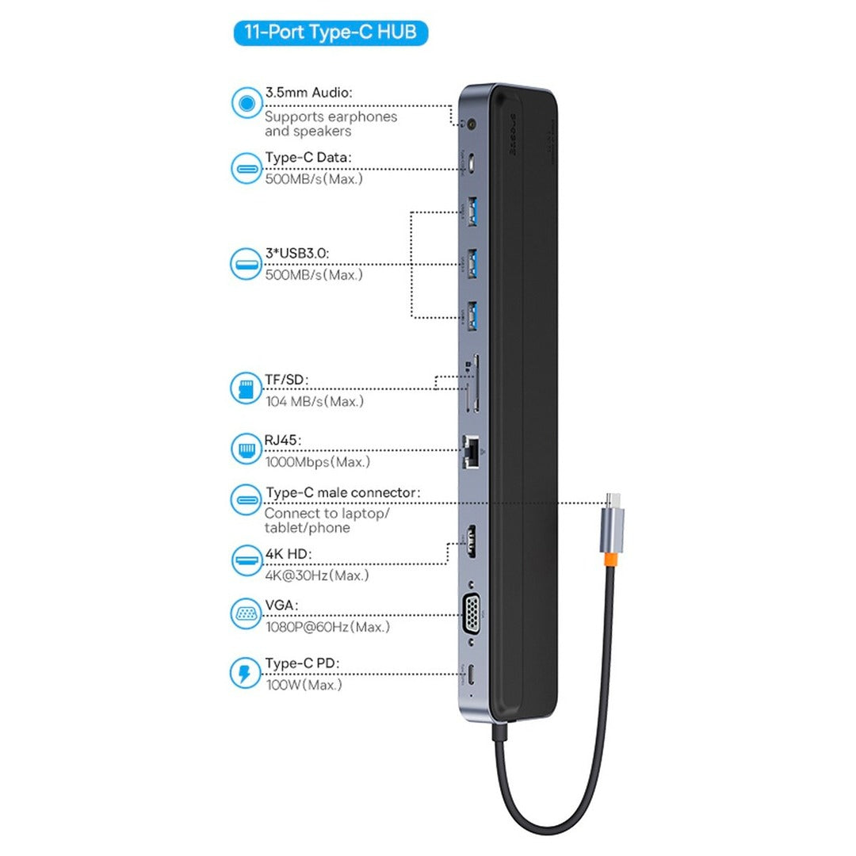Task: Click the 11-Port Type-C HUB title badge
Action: (x=330, y=33)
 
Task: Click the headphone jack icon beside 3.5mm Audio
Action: (x=246, y=104)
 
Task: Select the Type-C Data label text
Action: (x=308, y=158)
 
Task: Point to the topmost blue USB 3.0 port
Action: (x=472, y=213)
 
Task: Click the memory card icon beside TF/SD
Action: (x=246, y=388)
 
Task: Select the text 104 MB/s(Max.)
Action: (x=315, y=401)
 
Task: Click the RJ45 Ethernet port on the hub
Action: (x=472, y=451)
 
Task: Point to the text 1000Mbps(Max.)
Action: (x=317, y=461)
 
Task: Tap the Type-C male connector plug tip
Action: (x=613, y=500)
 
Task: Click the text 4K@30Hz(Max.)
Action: (x=316, y=575)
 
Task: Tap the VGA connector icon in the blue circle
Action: (x=246, y=614)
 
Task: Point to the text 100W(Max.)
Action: (x=304, y=684)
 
